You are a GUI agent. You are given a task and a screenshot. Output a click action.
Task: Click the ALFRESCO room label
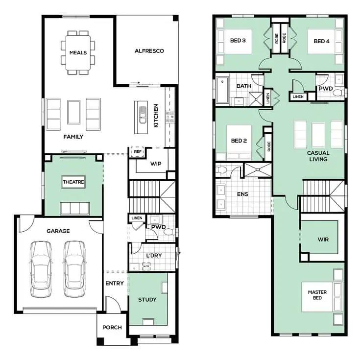point(149,51)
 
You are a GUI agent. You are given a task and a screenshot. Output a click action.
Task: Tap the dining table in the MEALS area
point(78,52)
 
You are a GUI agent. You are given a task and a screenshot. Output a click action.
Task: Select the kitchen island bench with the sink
point(141,117)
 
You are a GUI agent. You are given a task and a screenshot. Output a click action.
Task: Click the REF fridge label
point(138,152)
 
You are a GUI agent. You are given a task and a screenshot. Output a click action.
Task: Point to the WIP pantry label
point(156,164)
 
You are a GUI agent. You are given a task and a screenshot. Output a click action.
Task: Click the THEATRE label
point(73,182)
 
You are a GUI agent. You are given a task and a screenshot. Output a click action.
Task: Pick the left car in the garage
point(41,269)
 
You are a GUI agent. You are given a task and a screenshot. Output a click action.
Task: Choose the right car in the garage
point(74,269)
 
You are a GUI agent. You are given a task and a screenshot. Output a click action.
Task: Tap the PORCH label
point(112,327)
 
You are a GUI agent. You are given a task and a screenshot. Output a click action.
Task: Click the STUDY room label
point(147,300)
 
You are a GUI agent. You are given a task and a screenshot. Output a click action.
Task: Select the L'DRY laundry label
point(154,256)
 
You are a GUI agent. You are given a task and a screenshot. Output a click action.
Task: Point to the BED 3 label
point(238,40)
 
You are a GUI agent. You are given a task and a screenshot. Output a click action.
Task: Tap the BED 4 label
point(322,41)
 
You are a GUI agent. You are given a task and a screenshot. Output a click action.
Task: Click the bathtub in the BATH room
point(222,90)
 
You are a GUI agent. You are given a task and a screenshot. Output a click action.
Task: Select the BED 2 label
point(239,141)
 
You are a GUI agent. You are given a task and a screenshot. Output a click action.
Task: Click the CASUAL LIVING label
point(318,156)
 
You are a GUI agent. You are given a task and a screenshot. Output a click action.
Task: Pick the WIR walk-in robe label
point(323,240)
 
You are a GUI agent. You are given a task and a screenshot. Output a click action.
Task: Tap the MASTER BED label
point(317,295)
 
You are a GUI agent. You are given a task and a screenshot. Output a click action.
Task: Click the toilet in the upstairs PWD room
point(338,93)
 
